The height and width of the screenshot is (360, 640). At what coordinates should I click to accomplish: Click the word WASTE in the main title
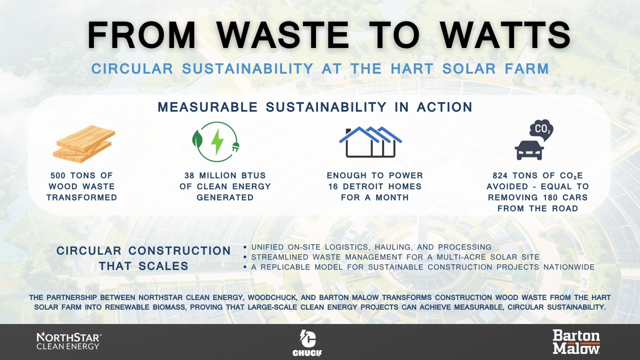283,35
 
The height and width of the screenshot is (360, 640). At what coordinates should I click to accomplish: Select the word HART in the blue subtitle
412,68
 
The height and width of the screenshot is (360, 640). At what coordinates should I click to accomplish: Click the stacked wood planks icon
84,144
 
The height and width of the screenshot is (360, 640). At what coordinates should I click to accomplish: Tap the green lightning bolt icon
217,142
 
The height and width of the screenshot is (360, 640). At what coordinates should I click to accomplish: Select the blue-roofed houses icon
370,142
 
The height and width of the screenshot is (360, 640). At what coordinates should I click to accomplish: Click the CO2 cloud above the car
542,130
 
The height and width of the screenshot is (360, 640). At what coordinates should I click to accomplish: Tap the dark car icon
529,150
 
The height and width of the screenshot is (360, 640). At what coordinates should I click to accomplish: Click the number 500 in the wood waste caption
58,176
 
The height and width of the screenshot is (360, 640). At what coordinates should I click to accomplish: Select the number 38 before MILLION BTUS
190,176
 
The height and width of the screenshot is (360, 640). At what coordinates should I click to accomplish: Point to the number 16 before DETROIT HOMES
334,186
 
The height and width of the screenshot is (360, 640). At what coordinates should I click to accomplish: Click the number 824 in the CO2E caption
500,176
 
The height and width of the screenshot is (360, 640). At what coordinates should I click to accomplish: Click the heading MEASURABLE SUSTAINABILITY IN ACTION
315,107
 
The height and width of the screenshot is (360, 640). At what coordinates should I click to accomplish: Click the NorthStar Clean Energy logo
69,341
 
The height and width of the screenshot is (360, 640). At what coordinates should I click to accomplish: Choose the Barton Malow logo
576,342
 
